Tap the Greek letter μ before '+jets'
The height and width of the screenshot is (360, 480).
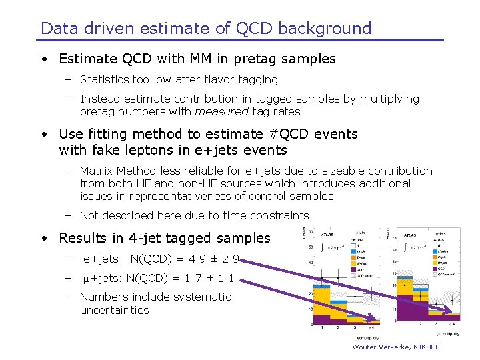tap(87, 279)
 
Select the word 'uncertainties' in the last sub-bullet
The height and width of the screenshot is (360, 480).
tap(115, 310)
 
